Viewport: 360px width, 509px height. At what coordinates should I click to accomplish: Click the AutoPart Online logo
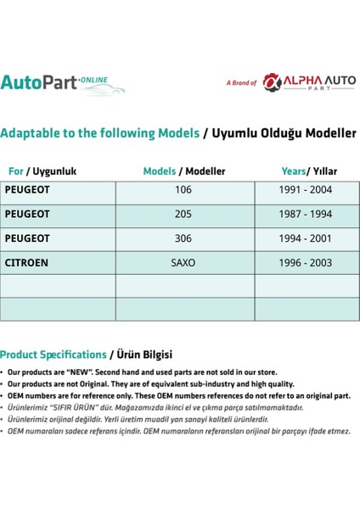coord(62,83)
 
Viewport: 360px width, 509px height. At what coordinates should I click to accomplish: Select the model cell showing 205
coord(183,215)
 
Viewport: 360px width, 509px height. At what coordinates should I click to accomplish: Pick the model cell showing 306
coord(183,238)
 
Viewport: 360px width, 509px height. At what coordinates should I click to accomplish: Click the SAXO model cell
coord(183,263)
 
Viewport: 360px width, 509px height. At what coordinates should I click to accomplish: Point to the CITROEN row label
coord(27,263)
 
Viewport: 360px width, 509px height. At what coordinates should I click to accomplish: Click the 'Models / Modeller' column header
coord(183,171)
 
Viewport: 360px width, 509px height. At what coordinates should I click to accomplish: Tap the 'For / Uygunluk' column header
coord(42,171)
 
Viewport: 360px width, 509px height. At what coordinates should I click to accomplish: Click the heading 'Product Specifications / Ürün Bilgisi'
coord(86,354)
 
